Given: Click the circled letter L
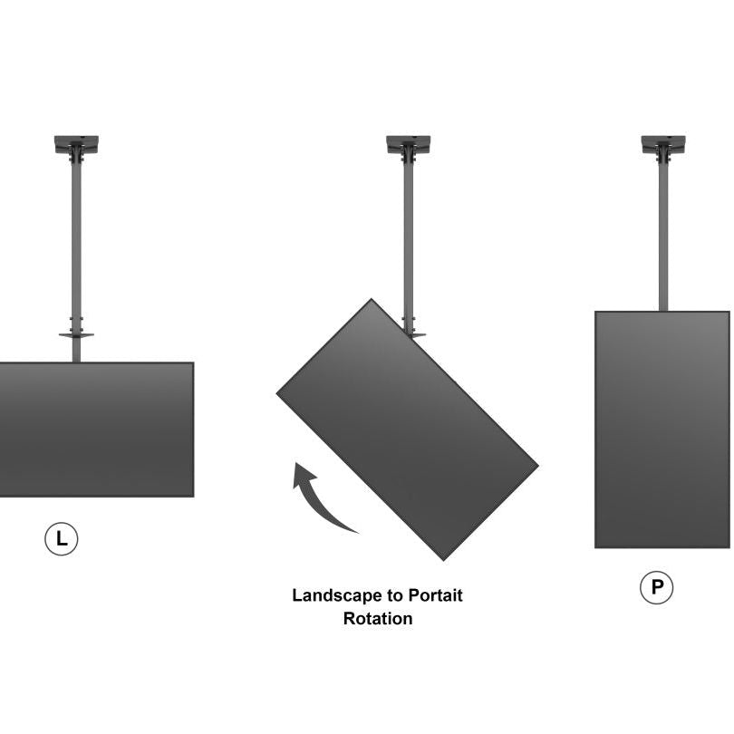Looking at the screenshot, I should (x=62, y=539).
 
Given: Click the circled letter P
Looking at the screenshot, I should (x=657, y=589).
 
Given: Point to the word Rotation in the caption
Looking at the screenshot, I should (x=377, y=620).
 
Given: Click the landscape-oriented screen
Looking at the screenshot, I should (x=95, y=430).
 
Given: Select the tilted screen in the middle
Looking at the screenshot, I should (x=407, y=429).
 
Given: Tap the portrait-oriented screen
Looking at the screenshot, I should (x=662, y=430).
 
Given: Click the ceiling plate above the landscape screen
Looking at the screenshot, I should (x=76, y=143).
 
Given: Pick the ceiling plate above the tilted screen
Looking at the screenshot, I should (x=409, y=143).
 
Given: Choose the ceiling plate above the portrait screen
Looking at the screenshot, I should (x=663, y=143).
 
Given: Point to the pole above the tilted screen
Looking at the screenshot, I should (x=409, y=236).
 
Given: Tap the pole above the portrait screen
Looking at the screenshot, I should (x=663, y=236).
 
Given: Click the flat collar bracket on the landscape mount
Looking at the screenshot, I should (x=76, y=334).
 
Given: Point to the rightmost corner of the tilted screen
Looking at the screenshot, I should (x=536, y=467).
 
